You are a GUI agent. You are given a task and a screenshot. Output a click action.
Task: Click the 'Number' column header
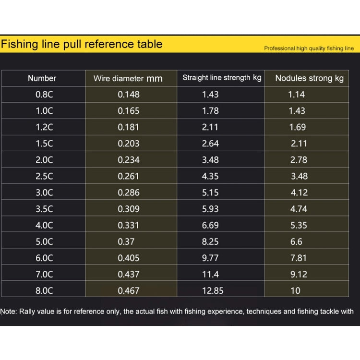pos(42,78)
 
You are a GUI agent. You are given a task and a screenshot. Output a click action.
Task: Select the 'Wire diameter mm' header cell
pos(128,79)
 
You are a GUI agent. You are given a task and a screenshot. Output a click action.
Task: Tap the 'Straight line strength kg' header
pos(222,78)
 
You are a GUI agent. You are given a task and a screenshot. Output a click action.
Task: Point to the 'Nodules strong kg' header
pos(309,78)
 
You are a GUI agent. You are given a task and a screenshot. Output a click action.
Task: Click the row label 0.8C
pos(44,95)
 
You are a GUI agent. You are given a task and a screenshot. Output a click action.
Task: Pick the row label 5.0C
pos(44,241)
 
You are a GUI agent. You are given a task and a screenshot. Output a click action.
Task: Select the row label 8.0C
pos(44,291)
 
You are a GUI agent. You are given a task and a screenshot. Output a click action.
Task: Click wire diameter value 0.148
pos(129,95)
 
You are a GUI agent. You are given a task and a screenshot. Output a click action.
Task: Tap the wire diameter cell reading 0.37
pos(126,241)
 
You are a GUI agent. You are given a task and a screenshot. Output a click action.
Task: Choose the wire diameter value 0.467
pos(129,291)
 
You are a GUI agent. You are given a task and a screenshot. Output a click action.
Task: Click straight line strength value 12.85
pos(213,291)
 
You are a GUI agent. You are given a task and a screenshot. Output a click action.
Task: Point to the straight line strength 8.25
pos(210,241)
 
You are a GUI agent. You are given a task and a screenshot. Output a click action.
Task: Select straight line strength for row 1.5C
pos(210,144)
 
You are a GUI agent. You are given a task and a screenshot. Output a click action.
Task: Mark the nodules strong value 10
pos(296,291)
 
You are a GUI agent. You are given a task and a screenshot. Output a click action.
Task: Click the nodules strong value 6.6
pos(297,241)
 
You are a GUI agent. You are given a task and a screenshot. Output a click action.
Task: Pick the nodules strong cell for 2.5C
pos(299,176)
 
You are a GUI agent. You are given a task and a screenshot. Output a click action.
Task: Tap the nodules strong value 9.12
pos(299,275)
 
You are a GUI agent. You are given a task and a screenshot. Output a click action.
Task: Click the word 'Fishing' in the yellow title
pos(19,44)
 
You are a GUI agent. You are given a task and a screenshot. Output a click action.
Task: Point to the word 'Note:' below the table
pos(9,312)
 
